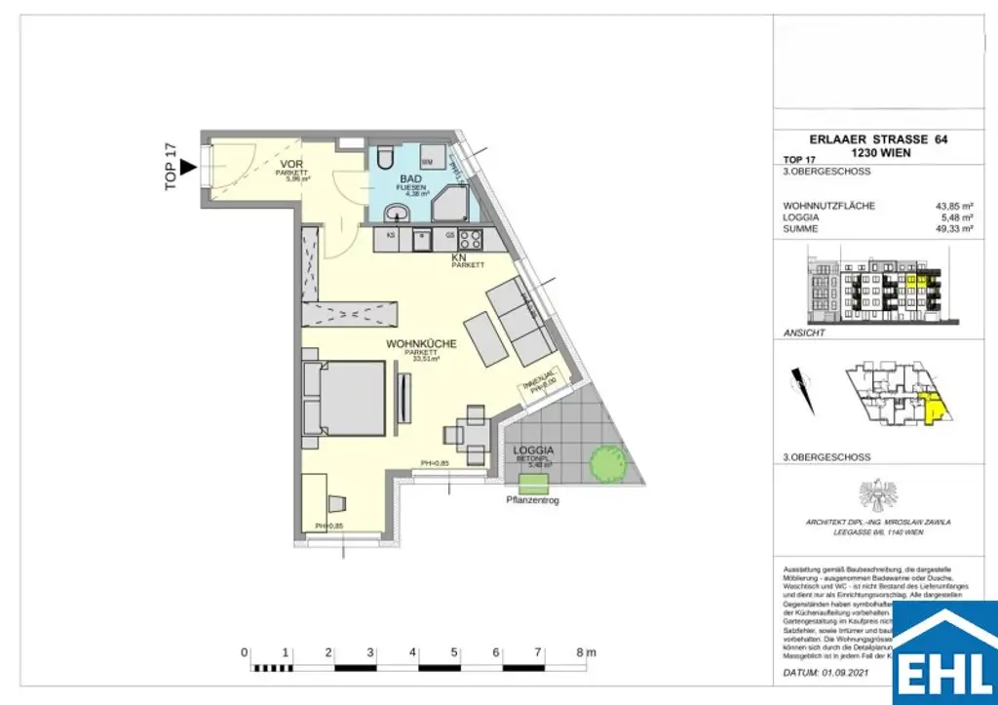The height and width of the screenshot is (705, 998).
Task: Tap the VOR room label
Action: [290, 165]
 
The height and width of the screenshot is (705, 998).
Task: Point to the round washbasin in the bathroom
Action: [395, 214]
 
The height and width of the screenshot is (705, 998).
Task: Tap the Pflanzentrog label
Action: [533, 500]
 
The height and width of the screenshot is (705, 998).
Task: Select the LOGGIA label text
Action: [533, 450]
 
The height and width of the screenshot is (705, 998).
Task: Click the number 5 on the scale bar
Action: [455, 651]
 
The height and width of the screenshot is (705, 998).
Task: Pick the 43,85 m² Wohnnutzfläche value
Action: [955, 206]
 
